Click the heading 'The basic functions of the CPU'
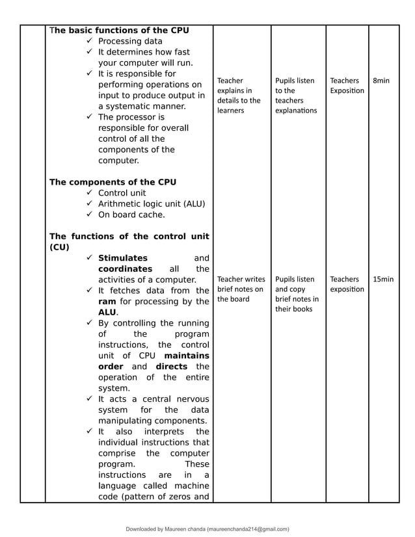click(x=119, y=30)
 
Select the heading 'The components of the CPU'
click(x=113, y=182)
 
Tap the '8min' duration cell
click(x=381, y=81)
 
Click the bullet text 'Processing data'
click(x=130, y=41)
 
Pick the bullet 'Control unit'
click(x=122, y=193)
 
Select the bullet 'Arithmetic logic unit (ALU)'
click(x=151, y=204)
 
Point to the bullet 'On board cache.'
click(x=131, y=215)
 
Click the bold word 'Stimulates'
click(x=123, y=258)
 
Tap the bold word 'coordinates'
click(x=125, y=269)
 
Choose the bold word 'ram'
click(x=107, y=302)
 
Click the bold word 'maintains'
click(x=187, y=356)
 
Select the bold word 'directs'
click(x=171, y=367)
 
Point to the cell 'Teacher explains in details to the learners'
click(x=239, y=96)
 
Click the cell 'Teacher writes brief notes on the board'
click(x=241, y=289)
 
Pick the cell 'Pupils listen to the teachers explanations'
click(x=296, y=96)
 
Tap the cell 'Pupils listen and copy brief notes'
click(x=297, y=294)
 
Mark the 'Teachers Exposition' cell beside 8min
click(x=347, y=86)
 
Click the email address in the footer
click(x=248, y=529)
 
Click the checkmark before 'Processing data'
click(x=89, y=41)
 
